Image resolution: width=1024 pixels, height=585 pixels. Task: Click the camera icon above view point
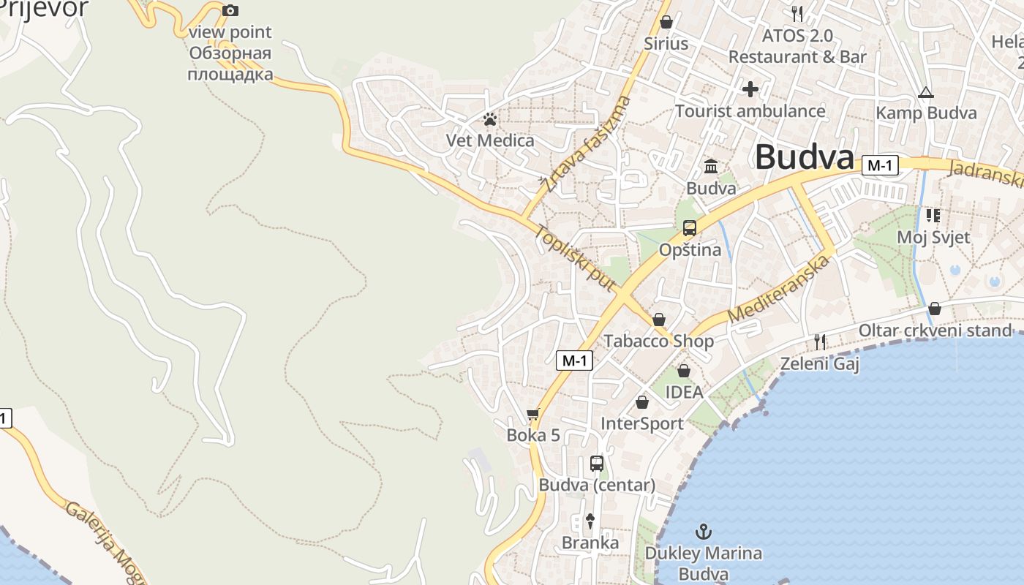pyautogui.click(x=230, y=10)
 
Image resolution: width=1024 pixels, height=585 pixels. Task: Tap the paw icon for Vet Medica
pyautogui.click(x=490, y=119)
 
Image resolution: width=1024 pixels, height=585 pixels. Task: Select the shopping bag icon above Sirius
pyautogui.click(x=666, y=22)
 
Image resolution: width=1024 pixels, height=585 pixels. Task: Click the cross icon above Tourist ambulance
pyautogui.click(x=750, y=89)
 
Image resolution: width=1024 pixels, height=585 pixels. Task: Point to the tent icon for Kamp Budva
pyautogui.click(x=926, y=92)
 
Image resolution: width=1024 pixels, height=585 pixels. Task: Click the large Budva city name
pyautogui.click(x=805, y=156)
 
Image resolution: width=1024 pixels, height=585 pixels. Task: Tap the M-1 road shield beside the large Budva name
pyautogui.click(x=879, y=166)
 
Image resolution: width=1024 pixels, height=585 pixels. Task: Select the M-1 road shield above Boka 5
pyautogui.click(x=574, y=360)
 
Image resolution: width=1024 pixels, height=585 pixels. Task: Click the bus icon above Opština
pyautogui.click(x=689, y=227)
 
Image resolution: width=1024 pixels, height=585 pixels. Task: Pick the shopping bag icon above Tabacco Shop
pyautogui.click(x=658, y=320)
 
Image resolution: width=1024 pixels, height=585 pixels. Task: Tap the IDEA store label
pyautogui.click(x=684, y=392)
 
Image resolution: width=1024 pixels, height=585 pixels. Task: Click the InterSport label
pyautogui.click(x=641, y=423)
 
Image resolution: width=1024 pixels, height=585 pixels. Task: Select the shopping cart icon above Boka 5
pyautogui.click(x=533, y=414)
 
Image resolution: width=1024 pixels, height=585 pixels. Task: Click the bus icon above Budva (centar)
pyautogui.click(x=597, y=463)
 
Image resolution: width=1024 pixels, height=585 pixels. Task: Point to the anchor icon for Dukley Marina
pyautogui.click(x=703, y=532)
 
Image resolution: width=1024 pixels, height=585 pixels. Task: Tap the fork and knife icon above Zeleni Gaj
pyautogui.click(x=820, y=341)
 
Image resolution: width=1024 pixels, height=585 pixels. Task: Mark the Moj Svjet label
pyautogui.click(x=933, y=237)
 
